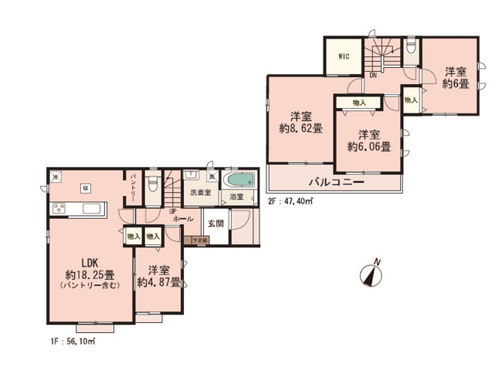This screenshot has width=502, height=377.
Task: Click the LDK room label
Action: coord(79,262)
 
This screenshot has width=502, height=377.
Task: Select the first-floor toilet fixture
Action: coord(154,183)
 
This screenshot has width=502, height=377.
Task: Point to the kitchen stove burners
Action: coord(59,210)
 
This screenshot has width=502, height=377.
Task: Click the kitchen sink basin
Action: coord(90,209)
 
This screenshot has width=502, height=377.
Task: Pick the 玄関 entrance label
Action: coord(215,224)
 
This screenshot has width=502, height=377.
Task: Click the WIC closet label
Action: coord(343,58)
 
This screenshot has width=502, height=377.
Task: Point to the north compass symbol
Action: coord(372,274)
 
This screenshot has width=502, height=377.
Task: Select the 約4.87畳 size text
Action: coord(158,282)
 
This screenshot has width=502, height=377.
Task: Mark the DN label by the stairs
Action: coord(372,76)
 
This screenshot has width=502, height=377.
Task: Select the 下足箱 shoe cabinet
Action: coord(200,241)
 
